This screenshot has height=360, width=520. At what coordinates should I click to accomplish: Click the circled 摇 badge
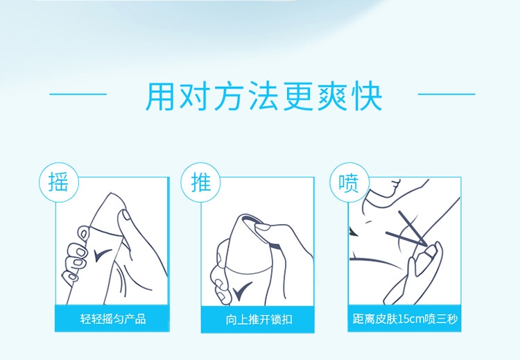point(59,182)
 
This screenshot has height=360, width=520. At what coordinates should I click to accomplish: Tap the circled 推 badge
point(200,182)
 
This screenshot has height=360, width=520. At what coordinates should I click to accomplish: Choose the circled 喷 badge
point(349,182)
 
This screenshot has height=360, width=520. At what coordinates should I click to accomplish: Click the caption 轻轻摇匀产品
point(113,319)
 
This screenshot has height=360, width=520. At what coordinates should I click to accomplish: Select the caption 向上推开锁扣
point(259,320)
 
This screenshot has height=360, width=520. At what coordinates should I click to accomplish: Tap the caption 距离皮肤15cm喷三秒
point(405,319)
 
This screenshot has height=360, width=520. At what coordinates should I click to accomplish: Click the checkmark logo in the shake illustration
point(103,255)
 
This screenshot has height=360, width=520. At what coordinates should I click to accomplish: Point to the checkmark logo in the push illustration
point(242,291)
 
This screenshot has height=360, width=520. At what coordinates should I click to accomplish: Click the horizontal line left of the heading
point(78,94)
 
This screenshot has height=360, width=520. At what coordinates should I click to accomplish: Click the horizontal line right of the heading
point(447,94)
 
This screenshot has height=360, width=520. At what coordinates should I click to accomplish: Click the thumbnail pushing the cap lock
point(262,228)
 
